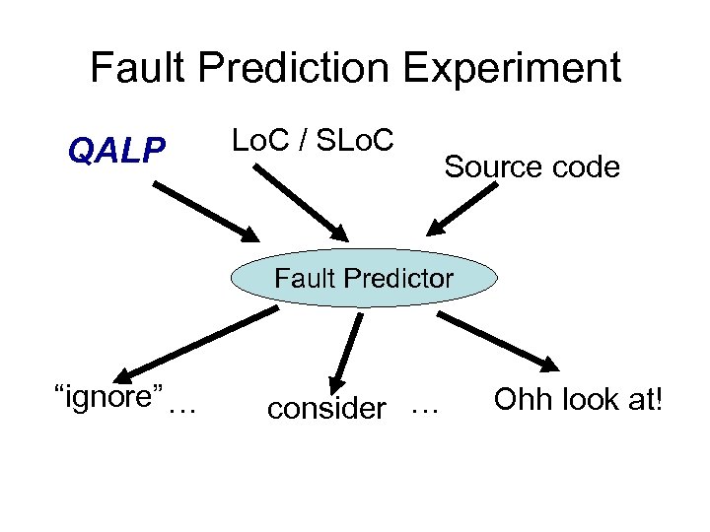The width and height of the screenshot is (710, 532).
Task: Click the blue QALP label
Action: pos(116,151)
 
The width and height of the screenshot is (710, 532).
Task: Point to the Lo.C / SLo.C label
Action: pos(313,141)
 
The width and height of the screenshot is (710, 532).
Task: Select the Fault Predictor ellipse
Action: pos(364,278)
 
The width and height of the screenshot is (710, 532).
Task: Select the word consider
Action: pos(326,408)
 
